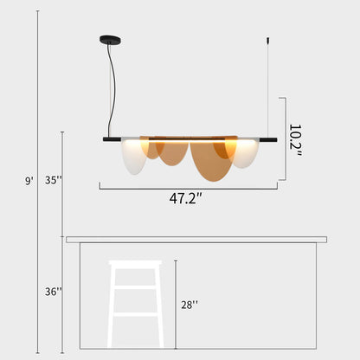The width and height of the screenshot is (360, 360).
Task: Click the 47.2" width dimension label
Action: pyautogui.click(x=186, y=198)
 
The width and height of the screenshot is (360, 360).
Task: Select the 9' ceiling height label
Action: pyautogui.click(x=29, y=181)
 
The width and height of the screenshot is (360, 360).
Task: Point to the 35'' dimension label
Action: pyautogui.click(x=54, y=181)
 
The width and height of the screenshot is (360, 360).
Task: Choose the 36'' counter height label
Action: pyautogui.click(x=54, y=292)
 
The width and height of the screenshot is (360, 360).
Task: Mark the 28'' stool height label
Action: pyautogui.click(x=190, y=304)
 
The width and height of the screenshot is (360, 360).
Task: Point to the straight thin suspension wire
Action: pyautogui.click(x=267, y=87)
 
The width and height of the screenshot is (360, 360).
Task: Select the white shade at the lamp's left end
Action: pyautogui.click(x=135, y=155)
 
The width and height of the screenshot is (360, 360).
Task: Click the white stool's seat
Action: pyautogui.click(x=135, y=263)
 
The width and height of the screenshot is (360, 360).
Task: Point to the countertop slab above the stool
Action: pyautogui.click(x=196, y=239)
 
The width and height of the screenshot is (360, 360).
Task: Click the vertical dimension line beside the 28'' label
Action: pyautogui.click(x=176, y=303)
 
